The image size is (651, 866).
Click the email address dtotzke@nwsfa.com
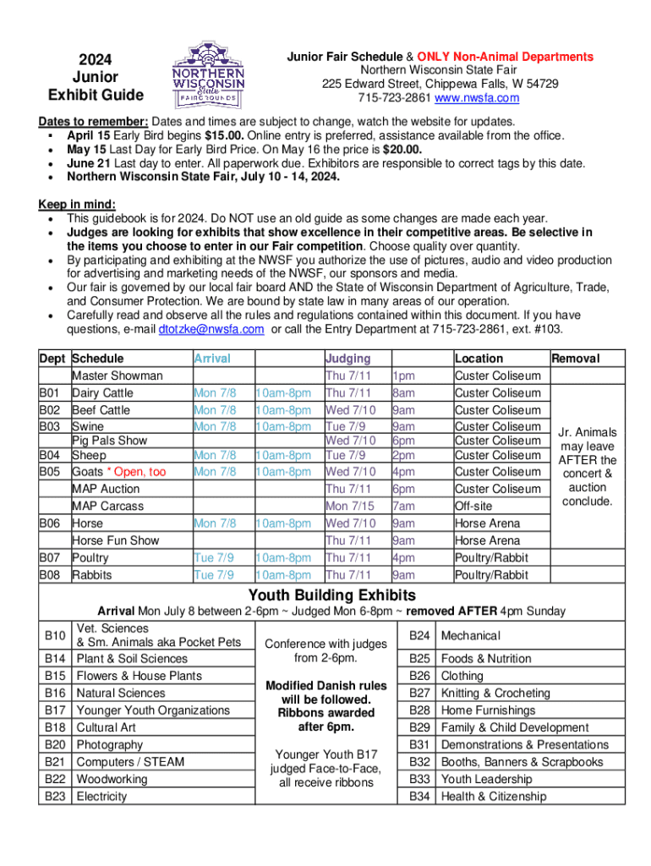coord(211,329)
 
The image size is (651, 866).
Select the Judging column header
coord(347,359)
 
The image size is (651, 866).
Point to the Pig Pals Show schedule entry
coord(109,440)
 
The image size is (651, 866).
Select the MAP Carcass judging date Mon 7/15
coord(348,506)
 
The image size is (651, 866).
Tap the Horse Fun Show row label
coord(115,540)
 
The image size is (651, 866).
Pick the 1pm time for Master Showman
coord(403,375)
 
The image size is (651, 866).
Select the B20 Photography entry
coord(110,744)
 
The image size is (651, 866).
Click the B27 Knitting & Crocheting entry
coord(495,693)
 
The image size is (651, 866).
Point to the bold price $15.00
coord(227,135)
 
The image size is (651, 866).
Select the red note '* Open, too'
coord(134,471)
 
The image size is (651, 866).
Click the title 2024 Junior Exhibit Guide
coord(96,76)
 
